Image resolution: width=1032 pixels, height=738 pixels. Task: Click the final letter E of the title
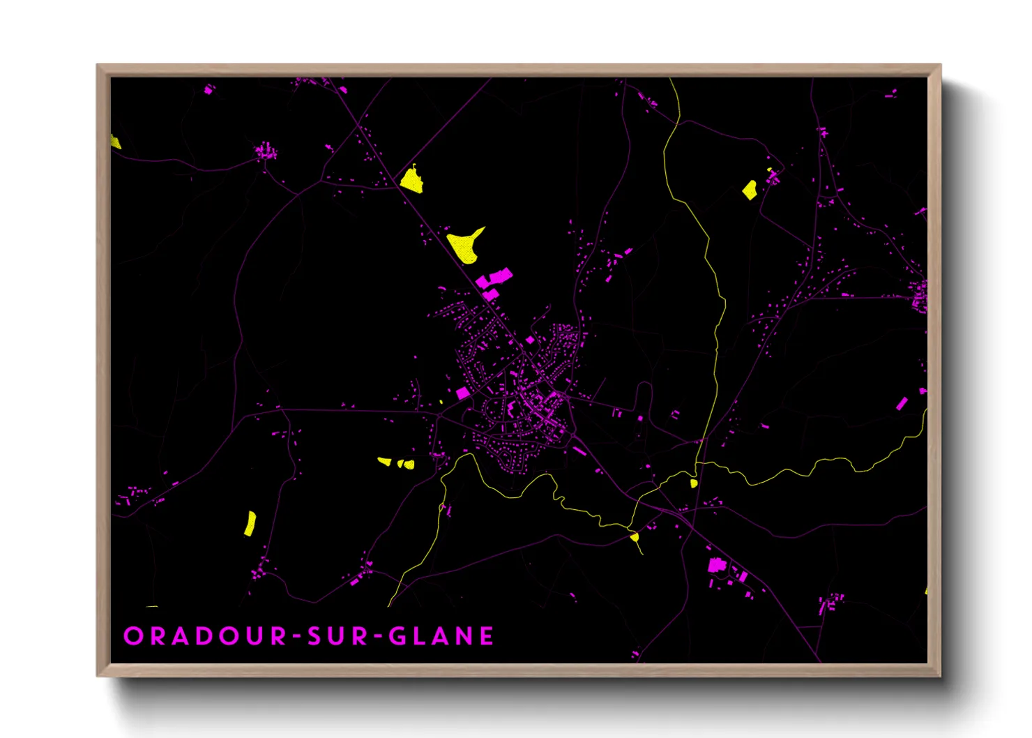tap(487, 636)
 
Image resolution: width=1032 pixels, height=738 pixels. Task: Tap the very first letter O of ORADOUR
tap(132, 636)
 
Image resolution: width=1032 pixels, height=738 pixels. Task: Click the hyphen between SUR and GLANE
tap(377, 636)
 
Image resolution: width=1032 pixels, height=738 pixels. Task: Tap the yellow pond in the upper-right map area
tap(750, 189)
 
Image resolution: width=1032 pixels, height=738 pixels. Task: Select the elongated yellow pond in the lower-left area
tap(250, 523)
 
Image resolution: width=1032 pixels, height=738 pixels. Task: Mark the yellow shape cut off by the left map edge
tap(115, 142)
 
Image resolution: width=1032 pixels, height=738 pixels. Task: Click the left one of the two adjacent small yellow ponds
tap(385, 462)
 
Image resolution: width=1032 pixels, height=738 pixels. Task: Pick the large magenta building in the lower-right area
tap(716, 564)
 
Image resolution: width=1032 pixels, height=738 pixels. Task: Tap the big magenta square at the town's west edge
tap(462, 393)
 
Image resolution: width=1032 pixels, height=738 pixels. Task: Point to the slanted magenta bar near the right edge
tap(901, 403)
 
